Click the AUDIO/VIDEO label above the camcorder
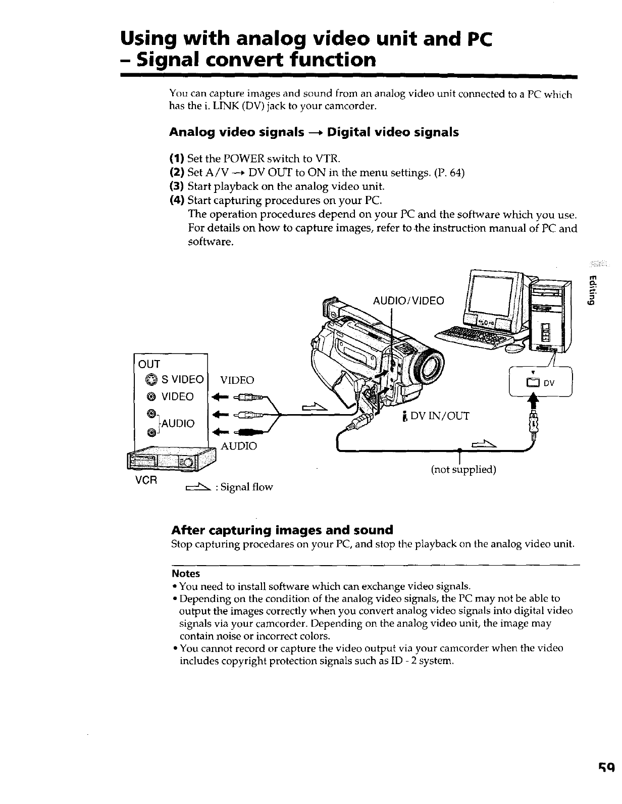click(408, 301)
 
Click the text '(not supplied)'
click(463, 470)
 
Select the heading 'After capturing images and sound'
click(282, 530)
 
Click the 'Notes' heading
click(186, 574)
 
